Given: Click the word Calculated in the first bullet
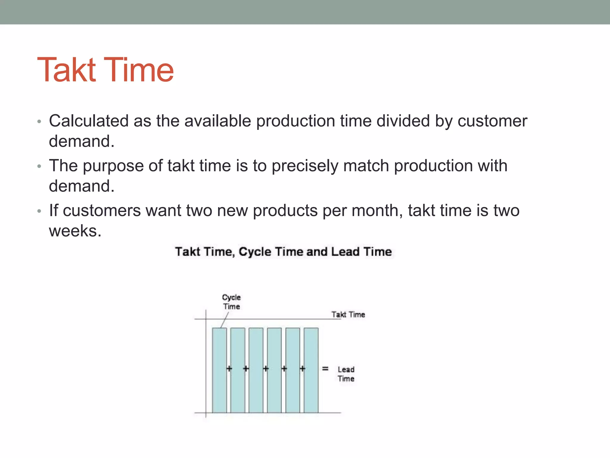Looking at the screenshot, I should coord(89,121).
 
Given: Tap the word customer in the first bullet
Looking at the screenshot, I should coord(492,121).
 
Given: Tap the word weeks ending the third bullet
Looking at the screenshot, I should coord(75,231).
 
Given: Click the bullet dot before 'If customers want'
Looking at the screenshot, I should coord(39,211).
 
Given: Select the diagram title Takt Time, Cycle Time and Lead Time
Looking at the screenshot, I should coord(283,252).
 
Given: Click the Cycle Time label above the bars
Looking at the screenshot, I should coord(231,302).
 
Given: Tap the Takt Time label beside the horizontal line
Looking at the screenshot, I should coord(348,315).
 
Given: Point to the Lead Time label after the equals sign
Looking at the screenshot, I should coord(346,374).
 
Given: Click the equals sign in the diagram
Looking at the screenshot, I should coord(325,369).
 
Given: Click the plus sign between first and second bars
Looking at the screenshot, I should coord(229,369).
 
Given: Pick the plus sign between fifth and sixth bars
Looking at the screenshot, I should coord(302,369).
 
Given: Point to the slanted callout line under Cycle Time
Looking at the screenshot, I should coord(224,320).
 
